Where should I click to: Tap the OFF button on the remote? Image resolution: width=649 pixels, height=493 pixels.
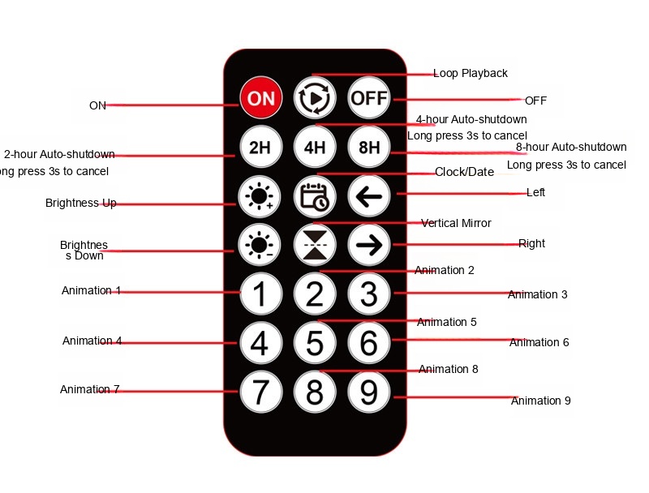(x=369, y=98)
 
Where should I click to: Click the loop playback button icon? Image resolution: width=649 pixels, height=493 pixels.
(x=315, y=98)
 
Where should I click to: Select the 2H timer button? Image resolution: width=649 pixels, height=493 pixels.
(x=260, y=147)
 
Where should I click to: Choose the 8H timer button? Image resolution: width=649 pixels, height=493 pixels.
(x=369, y=147)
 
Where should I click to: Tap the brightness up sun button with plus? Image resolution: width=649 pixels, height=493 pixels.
(x=260, y=196)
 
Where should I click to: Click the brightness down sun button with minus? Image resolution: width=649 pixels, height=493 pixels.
(x=260, y=245)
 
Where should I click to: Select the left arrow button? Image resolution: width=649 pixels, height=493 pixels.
(x=369, y=196)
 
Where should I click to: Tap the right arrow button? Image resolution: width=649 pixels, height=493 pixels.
(x=369, y=245)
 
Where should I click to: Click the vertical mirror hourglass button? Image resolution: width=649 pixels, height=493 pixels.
(x=315, y=245)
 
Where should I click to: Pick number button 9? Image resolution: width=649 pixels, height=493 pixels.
(x=369, y=392)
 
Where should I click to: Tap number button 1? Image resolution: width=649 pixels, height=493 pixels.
(x=260, y=294)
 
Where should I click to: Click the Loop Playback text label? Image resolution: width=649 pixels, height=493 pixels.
(x=471, y=73)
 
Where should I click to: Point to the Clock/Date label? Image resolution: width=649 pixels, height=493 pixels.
(x=464, y=172)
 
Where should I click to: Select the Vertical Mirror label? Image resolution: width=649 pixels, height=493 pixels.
(x=456, y=223)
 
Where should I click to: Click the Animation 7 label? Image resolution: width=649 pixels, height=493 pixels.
(x=90, y=389)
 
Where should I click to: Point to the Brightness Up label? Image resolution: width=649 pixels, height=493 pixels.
(x=80, y=203)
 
